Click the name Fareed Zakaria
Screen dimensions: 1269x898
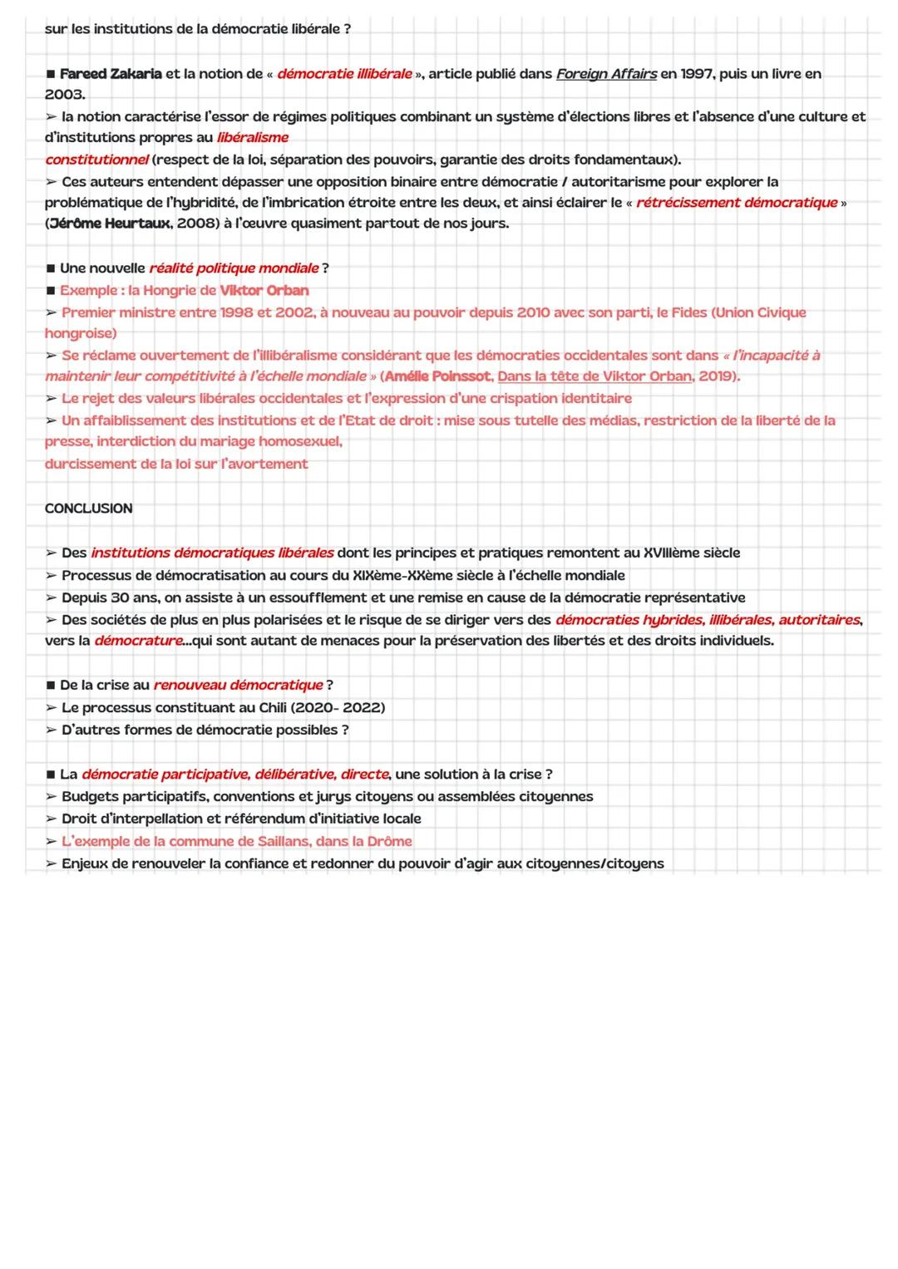point(111,74)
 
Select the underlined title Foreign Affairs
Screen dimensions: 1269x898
point(606,74)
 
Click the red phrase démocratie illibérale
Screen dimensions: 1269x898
point(344,74)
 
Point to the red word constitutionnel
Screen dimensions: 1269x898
point(96,160)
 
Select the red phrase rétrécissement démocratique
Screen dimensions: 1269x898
point(737,203)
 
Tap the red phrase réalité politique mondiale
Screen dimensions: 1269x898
point(234,268)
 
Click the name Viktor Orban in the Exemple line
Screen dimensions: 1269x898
point(264,291)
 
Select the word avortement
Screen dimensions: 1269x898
point(264,465)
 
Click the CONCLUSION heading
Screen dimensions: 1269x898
point(88,509)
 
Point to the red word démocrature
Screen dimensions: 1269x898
point(138,641)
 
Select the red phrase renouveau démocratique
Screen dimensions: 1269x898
point(238,686)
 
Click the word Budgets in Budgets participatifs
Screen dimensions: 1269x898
point(88,797)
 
